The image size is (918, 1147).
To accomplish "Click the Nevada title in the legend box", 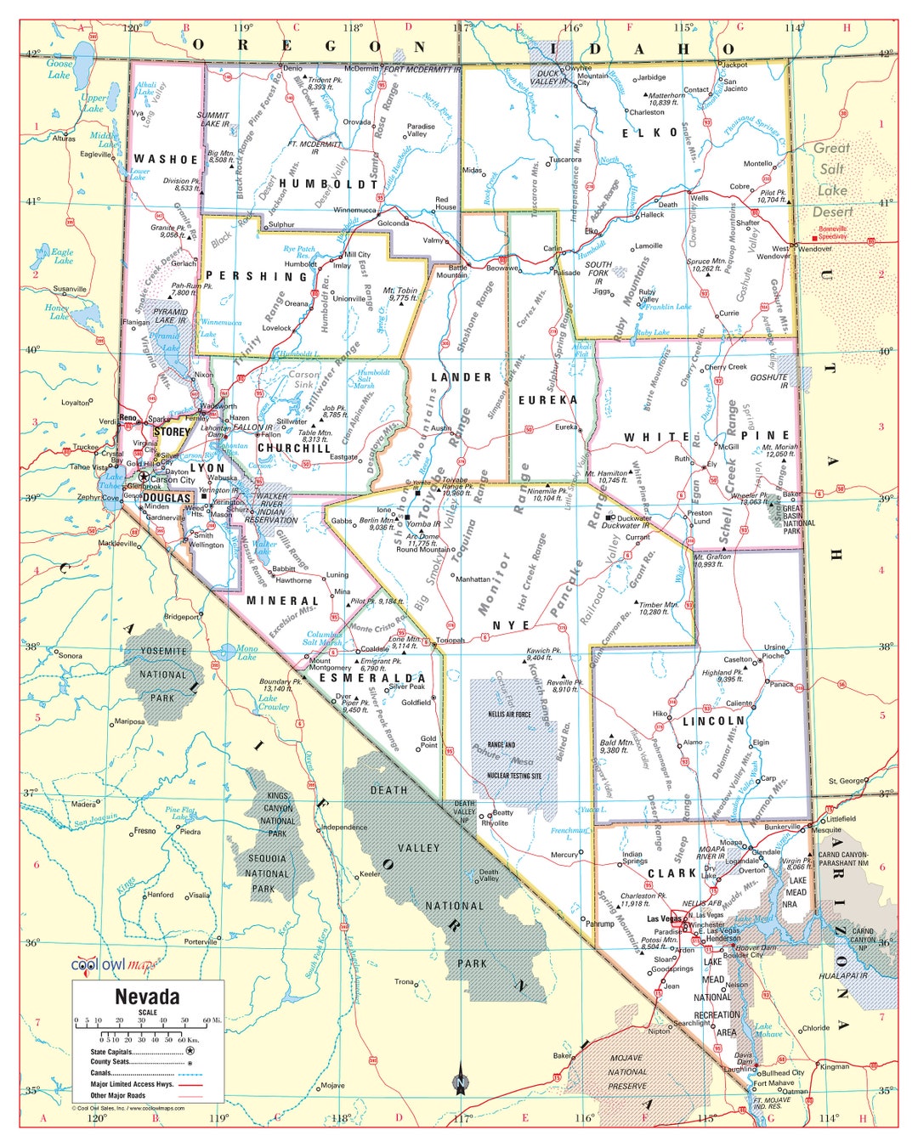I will coord(147,996).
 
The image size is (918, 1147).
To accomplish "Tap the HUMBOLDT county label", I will coord(328,184).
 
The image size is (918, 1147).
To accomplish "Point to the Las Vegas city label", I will coord(664,918).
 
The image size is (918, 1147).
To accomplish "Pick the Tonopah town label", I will coord(450,641).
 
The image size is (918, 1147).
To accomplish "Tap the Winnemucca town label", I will coord(354,210).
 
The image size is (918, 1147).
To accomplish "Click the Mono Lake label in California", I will coord(246,653).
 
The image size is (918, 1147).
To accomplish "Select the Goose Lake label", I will coord(59,69).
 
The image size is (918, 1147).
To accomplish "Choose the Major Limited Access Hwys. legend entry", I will coord(132,1084).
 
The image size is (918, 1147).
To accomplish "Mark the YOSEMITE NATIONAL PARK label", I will coord(162,675).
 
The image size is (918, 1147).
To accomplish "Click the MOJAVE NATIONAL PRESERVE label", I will coord(627,1072).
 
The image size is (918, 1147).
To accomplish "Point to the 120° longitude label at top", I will coord(131,28).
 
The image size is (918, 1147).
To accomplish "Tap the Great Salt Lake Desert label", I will coord(832,179).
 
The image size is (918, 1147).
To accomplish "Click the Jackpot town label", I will coord(734,65).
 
